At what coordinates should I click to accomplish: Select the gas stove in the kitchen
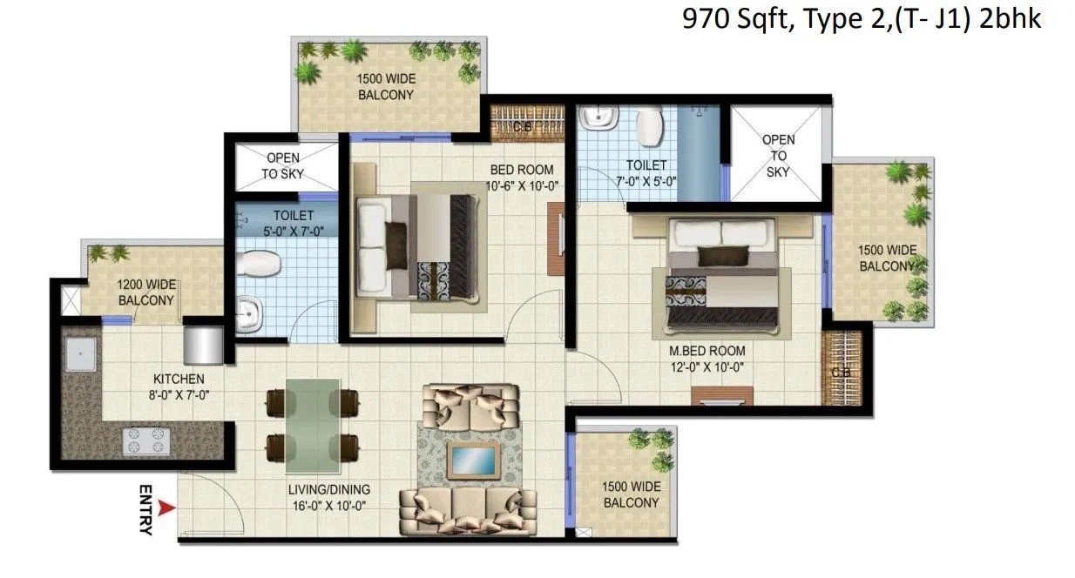[145, 440]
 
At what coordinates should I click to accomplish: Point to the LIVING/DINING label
[329, 488]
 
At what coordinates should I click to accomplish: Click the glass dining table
[313, 421]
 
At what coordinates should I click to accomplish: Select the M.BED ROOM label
[707, 351]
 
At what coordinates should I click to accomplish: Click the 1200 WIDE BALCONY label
[146, 292]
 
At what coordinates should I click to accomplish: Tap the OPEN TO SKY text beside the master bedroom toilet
[778, 156]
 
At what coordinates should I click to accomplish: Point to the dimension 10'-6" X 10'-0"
[521, 185]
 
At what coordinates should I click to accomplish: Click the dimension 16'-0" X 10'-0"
[329, 504]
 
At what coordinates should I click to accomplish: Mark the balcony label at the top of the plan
[386, 87]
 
